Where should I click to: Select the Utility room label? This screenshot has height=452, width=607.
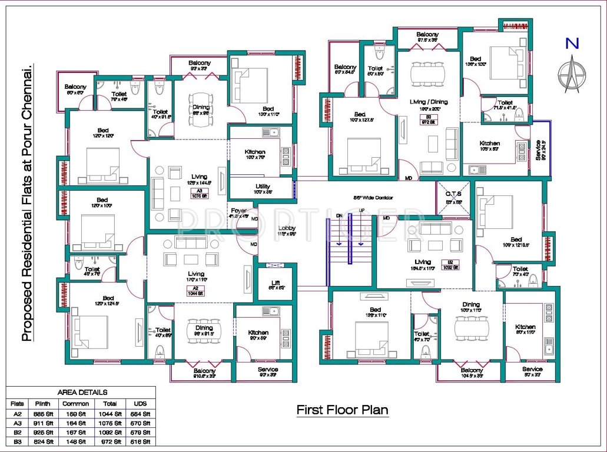pos(263,186)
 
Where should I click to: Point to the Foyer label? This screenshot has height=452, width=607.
pos(239,211)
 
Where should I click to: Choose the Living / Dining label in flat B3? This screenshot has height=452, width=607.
pos(429,102)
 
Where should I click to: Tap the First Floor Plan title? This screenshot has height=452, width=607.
pos(342,409)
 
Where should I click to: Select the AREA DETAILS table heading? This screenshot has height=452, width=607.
pos(82,392)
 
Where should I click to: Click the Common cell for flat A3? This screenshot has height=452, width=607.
pos(77,423)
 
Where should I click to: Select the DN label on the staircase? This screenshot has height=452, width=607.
pos(339,215)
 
